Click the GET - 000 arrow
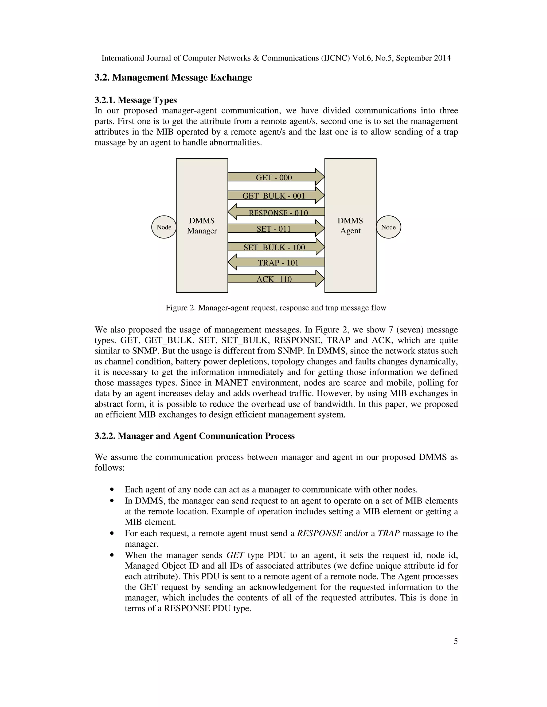[274, 177]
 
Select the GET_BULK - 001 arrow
[274, 196]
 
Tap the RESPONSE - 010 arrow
[278, 212]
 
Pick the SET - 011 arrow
[274, 229]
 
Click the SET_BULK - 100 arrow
[274, 247]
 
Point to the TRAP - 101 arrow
[278, 262]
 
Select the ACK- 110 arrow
[274, 279]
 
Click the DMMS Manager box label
[202, 226]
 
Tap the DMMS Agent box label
[350, 226]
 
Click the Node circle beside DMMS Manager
[164, 227]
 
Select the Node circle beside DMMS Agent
[388, 227]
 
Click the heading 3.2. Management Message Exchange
[173, 78]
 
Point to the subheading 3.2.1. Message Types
[135, 100]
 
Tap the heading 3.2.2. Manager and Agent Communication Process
[194, 436]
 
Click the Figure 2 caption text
[276, 308]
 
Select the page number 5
[456, 641]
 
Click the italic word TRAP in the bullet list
[389, 534]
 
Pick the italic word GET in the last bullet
[235, 555]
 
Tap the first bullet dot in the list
[112, 490]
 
